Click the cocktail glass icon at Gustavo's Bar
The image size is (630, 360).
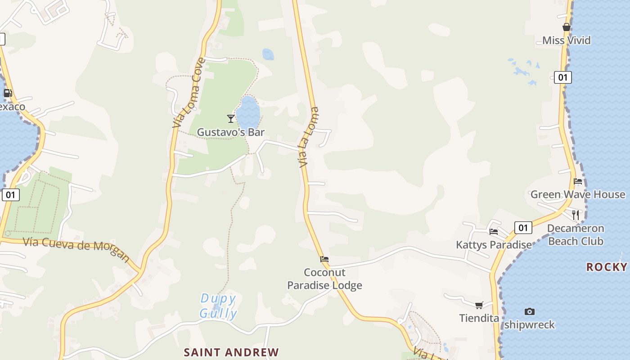231,118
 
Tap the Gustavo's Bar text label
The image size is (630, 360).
231,132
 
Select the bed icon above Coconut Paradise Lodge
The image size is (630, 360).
324,259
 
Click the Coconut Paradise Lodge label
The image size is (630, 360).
324,279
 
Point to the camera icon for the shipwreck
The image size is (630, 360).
530,311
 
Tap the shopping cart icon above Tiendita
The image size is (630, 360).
479,305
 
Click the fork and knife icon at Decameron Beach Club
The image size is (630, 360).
576,215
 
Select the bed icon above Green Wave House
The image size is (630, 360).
578,181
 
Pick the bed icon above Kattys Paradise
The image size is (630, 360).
494,232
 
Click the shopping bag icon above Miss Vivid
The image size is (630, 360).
567,27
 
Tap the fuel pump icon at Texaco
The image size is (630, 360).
8,93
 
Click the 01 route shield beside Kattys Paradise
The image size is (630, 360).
523,228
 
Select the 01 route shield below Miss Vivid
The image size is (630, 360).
562,77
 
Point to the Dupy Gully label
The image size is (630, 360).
218,306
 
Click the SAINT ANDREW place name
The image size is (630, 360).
231,352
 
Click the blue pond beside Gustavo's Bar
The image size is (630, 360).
248,112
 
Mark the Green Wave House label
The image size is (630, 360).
578,194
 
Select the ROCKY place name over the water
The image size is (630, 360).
607,267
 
